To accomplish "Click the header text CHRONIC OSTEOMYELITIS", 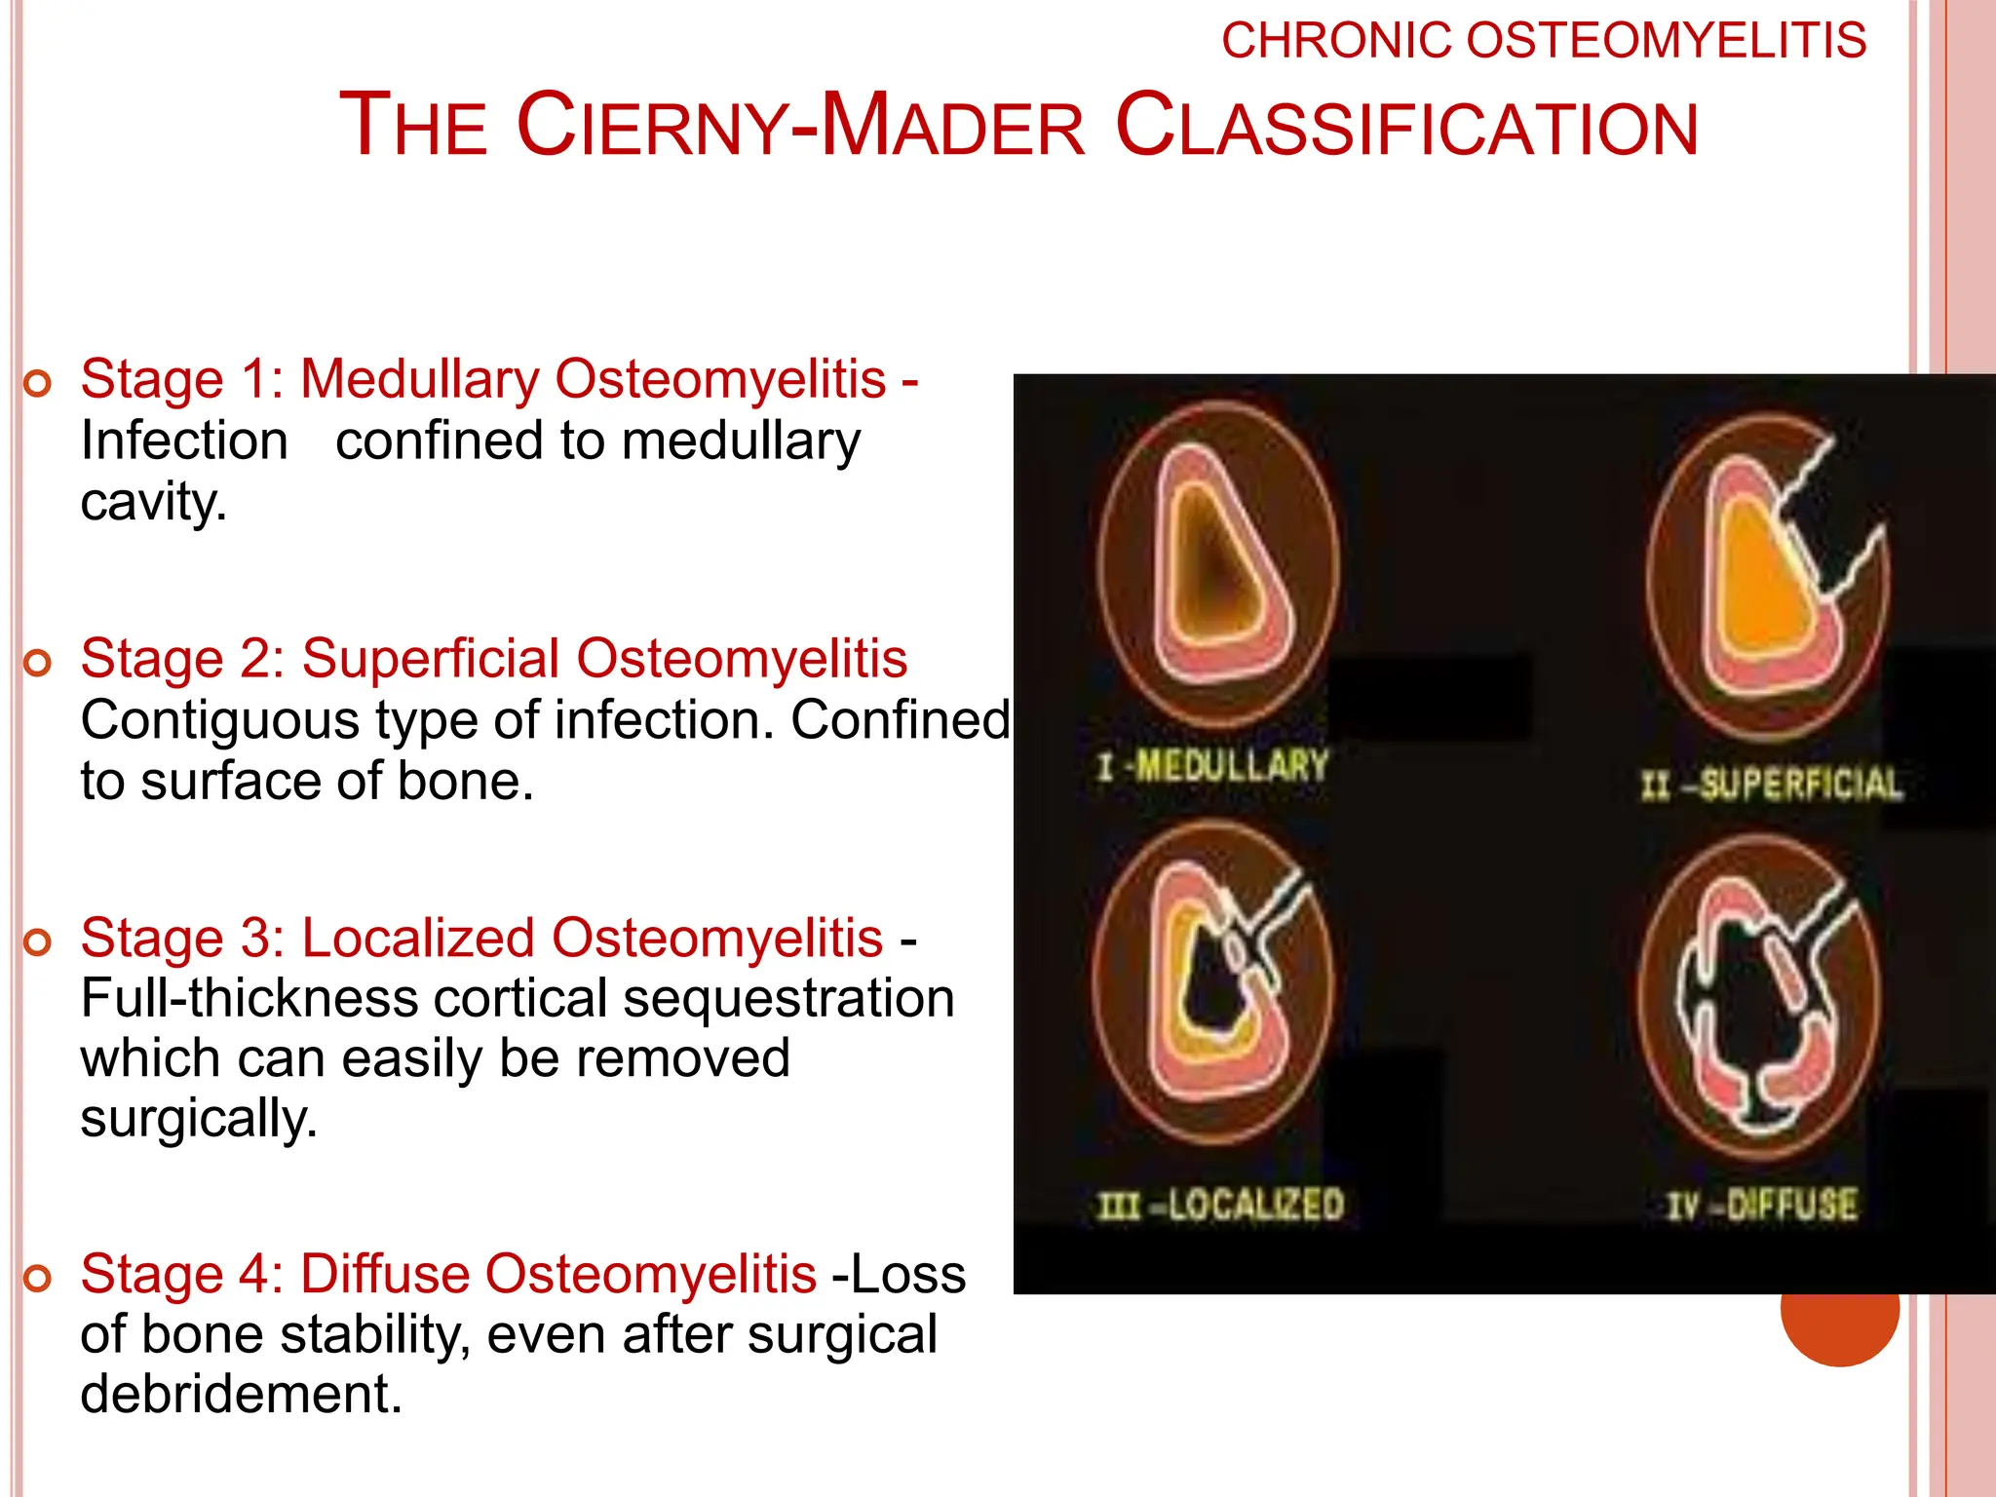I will coord(1544,41).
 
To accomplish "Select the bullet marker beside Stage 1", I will coord(37,384).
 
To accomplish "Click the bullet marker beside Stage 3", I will coord(37,942).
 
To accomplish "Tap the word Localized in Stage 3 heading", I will coord(418,938).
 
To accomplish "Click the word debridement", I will coord(240,1394).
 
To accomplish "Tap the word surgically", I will coord(199,1119).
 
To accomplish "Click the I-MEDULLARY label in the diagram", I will coord(1212,766).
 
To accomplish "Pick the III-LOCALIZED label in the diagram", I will coord(1220,1206).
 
